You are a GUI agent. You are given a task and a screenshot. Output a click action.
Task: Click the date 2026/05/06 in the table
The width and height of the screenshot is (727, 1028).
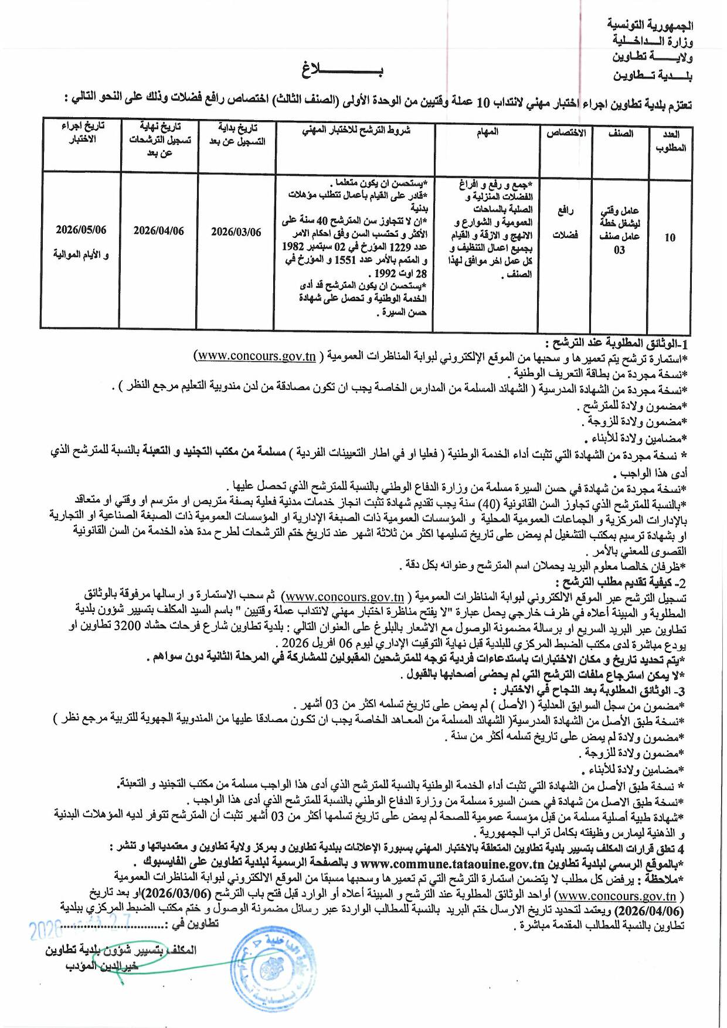(x=81, y=230)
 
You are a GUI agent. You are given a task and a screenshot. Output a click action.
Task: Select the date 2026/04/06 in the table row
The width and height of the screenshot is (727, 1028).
(x=158, y=231)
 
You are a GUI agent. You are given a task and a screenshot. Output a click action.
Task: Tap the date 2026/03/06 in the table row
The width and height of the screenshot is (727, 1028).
(x=236, y=232)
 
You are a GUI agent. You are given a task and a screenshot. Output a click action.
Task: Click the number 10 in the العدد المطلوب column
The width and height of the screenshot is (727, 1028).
(x=670, y=237)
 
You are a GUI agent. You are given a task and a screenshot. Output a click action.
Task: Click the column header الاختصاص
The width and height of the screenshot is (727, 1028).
(x=566, y=134)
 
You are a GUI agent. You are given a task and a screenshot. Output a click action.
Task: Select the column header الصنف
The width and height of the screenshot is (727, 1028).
(x=621, y=134)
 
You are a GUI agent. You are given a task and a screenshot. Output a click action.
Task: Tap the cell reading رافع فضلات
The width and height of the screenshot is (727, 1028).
(x=565, y=223)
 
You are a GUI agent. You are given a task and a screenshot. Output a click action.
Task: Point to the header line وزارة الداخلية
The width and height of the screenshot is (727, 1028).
(x=653, y=41)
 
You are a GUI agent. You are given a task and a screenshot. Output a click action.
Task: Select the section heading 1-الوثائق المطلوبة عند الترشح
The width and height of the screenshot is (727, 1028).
(x=616, y=343)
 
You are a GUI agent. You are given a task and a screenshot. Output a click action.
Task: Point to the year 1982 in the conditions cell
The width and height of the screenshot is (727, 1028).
(x=293, y=247)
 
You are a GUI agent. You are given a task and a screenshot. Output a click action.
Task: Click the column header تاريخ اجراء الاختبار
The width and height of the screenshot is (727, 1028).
(x=83, y=132)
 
